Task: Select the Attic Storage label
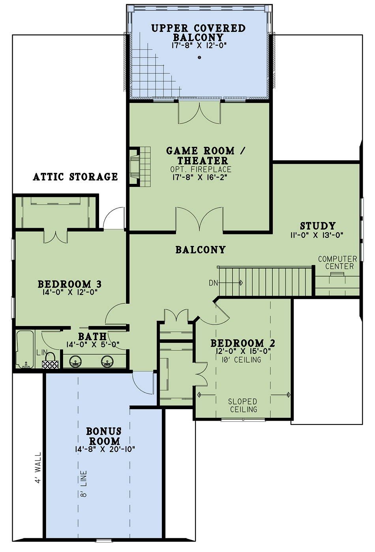[75, 176]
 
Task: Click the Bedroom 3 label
[69, 284]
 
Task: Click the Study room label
[318, 226]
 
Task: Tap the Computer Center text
[337, 263]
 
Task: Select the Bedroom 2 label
[243, 343]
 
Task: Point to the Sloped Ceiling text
[243, 406]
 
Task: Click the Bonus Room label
[104, 436]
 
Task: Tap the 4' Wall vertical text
[38, 468]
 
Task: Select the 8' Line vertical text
[84, 483]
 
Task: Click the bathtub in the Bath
[24, 349]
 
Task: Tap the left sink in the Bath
[75, 361]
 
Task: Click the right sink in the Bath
[107, 361]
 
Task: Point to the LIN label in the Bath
[42, 352]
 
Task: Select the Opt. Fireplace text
[201, 169]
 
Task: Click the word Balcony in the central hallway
[201, 250]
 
